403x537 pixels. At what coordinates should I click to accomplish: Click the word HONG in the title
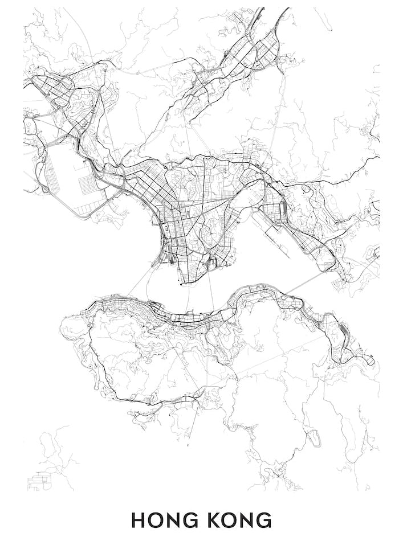[164, 520]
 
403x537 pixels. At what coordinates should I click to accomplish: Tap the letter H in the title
[139, 520]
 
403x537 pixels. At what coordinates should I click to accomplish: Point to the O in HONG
[156, 520]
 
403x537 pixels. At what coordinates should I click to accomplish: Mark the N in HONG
[172, 520]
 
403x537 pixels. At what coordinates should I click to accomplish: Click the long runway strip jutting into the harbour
[279, 233]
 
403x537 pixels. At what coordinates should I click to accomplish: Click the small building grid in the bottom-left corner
[39, 482]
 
